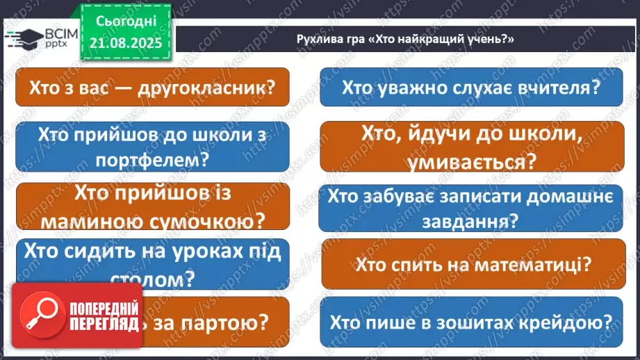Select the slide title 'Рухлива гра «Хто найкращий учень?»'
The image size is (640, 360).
click(x=404, y=40)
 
